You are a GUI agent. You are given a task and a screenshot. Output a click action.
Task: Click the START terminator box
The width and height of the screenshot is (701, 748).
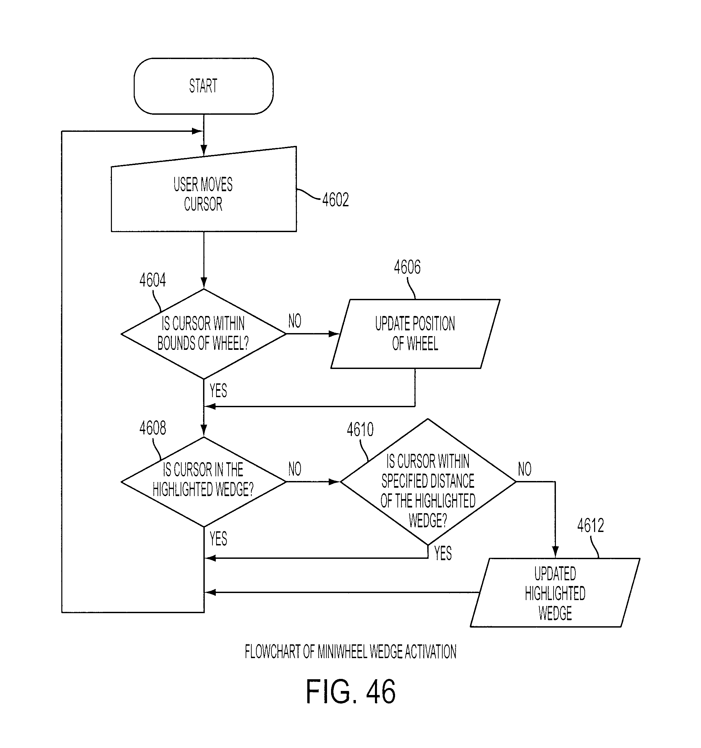click(x=203, y=86)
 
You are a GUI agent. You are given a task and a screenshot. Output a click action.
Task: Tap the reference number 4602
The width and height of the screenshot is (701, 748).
click(x=335, y=200)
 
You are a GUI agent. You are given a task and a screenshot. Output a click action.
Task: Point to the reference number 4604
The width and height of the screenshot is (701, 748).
click(x=152, y=280)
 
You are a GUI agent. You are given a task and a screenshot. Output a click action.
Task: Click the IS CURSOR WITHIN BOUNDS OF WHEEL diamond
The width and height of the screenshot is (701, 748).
click(x=203, y=334)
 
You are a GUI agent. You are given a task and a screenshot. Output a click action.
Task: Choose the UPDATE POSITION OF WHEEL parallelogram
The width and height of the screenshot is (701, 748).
click(x=415, y=334)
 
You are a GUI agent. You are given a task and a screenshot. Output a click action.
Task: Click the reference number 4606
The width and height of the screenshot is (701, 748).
click(x=407, y=267)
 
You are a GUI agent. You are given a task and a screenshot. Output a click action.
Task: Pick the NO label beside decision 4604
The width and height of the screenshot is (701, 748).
click(x=295, y=321)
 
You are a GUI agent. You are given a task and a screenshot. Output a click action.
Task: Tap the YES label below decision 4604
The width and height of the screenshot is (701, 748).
click(x=218, y=390)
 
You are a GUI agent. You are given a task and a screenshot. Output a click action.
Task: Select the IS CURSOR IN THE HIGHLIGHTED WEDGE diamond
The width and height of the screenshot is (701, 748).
click(x=203, y=482)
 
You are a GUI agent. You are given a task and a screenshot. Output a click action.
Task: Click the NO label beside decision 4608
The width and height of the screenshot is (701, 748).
click(x=295, y=469)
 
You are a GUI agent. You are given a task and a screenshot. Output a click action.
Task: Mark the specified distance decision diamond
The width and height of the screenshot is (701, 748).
click(x=428, y=482)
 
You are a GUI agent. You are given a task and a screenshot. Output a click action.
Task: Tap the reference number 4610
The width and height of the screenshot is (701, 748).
click(x=360, y=429)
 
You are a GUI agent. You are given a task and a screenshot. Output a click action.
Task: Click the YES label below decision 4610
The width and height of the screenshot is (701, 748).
click(x=443, y=553)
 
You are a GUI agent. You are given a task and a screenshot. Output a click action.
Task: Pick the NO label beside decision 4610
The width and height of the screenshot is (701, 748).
click(x=525, y=469)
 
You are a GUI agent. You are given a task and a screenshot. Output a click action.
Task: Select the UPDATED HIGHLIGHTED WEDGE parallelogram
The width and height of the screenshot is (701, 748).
click(x=555, y=593)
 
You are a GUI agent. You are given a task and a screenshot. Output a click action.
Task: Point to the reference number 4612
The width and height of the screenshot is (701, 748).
click(x=590, y=525)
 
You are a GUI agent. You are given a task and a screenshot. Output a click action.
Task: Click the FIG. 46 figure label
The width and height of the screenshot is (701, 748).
click(x=351, y=692)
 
